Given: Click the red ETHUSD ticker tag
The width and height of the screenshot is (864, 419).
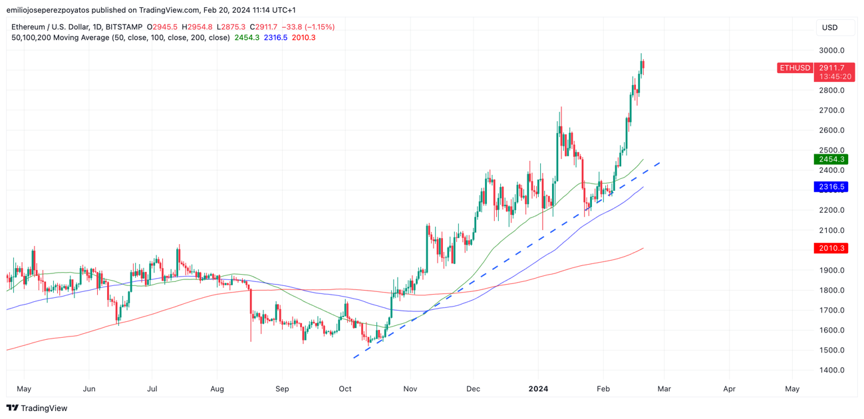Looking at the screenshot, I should click(x=795, y=68).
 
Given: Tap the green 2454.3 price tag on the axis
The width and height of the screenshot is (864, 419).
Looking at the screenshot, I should click(x=831, y=160).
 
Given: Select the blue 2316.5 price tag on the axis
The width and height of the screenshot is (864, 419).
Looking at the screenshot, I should click(x=831, y=187).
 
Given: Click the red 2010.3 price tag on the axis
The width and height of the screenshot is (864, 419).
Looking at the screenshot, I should click(x=831, y=248).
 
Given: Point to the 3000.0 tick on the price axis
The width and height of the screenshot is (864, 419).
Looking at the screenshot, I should click(x=831, y=51).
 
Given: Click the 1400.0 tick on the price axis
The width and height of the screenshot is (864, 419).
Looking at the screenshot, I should click(x=831, y=370).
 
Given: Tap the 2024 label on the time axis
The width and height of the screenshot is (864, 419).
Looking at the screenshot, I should click(x=538, y=388).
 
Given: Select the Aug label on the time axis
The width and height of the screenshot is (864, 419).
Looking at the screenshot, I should click(x=217, y=388).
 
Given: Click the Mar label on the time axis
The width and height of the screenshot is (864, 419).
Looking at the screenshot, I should click(x=664, y=388).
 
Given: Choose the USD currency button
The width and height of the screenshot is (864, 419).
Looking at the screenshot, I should click(x=830, y=27).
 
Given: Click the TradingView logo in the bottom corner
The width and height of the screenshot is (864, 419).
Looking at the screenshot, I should click(x=37, y=408).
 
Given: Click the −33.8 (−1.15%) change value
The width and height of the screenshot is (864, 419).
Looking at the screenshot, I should click(x=308, y=27).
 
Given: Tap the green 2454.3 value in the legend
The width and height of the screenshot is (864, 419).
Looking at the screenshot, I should click(x=247, y=38).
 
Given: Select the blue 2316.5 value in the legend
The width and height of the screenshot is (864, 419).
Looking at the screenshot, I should click(x=275, y=38).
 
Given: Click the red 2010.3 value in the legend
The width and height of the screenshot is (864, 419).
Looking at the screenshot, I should click(x=303, y=38).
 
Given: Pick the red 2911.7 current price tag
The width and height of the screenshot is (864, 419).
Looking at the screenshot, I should click(x=832, y=68).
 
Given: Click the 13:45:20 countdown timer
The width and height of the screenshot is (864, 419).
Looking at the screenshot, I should click(x=835, y=76).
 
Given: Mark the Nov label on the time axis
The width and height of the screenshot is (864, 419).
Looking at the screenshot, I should click(x=410, y=388).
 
